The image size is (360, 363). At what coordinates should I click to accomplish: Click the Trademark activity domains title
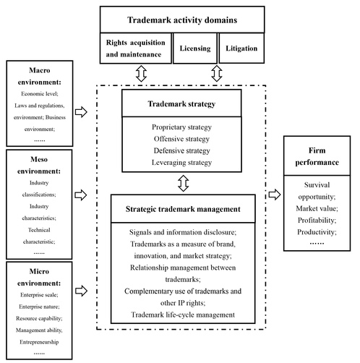pos(182,20)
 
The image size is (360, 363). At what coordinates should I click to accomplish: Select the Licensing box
pos(195,48)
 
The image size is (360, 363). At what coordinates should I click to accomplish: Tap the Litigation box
pos(241,48)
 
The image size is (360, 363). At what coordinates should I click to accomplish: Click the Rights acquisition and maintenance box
pos(136,48)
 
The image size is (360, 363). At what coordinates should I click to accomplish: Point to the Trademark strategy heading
pos(181,103)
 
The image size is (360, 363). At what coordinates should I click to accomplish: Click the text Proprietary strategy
pos(181,127)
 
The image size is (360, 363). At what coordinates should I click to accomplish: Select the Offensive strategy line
pos(181,139)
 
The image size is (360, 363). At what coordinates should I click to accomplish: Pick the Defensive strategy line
pos(181,150)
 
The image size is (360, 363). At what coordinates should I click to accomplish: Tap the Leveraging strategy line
pos(181,162)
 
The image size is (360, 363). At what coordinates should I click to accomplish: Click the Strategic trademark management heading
pos(183,209)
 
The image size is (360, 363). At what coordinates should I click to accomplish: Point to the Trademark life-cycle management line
pos(183,315)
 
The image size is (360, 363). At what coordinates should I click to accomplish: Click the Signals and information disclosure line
pos(183,232)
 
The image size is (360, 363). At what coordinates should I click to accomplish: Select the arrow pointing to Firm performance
pos(275,195)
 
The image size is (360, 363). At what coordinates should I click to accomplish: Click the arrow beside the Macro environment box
pos(81,112)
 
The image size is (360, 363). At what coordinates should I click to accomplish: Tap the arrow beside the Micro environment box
pos(81,291)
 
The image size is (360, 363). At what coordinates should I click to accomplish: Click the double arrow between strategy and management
pos(184,183)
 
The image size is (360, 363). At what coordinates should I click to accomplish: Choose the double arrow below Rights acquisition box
pos(141,73)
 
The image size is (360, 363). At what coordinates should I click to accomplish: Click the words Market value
pos(317,208)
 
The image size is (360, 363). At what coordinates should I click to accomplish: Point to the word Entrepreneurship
pos(39,342)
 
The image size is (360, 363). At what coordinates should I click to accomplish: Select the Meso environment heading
pos(39,165)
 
